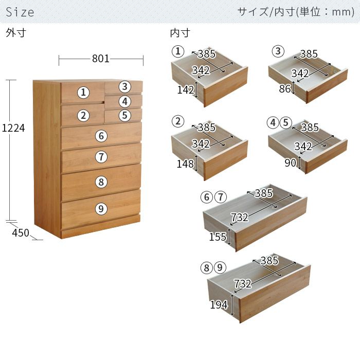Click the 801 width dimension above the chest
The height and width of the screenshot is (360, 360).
coord(101,59)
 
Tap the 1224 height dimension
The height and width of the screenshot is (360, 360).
coord(13,128)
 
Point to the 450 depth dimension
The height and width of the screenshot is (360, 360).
coord(21,233)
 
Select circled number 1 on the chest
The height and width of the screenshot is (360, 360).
coord(83,92)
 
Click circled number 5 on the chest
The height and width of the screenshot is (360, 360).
coord(124,115)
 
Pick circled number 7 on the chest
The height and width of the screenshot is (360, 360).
coord(101,157)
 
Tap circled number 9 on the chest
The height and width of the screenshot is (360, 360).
coord(101,209)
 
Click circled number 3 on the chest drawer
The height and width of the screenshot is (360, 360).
coord(124,86)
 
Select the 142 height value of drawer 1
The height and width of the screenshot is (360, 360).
coord(186,90)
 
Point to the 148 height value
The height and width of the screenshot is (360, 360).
coord(186,164)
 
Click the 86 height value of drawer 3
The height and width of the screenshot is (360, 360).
coord(285,88)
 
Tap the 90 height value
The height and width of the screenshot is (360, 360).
coord(291,163)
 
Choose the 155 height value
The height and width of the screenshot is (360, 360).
coord(218,237)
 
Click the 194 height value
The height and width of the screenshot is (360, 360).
coord(219,304)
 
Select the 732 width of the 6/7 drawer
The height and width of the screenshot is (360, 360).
coord(240,217)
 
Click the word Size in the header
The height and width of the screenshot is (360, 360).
coord(20,12)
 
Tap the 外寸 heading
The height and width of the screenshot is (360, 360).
coord(16,33)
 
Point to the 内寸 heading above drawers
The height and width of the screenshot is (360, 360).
coord(180,33)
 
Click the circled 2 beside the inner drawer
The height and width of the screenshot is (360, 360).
coord(178,121)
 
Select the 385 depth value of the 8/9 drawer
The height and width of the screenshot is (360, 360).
coord(269,260)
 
